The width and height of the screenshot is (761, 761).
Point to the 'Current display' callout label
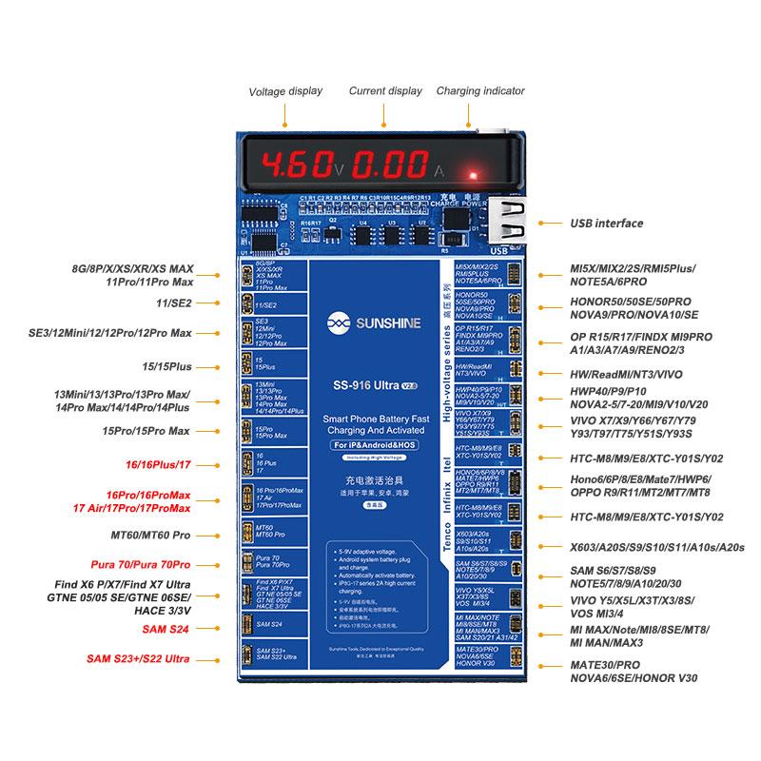click(385, 91)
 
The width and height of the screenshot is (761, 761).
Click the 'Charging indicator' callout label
click(480, 91)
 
